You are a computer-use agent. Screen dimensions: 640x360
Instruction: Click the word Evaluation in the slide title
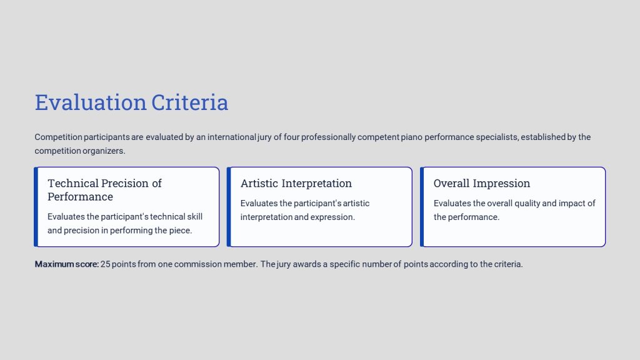click(91, 102)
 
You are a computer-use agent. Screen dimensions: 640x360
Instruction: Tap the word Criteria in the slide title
click(190, 102)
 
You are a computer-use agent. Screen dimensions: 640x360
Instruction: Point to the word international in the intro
click(232, 137)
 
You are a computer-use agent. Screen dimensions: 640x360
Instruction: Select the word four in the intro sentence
click(291, 137)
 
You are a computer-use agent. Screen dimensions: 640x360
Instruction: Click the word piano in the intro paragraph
click(411, 137)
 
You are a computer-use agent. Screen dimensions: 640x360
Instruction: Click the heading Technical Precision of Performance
click(104, 190)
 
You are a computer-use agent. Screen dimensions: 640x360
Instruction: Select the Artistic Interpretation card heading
click(296, 183)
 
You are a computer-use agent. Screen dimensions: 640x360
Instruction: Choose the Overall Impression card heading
click(482, 183)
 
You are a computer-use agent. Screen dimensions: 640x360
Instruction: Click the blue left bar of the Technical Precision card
click(36, 207)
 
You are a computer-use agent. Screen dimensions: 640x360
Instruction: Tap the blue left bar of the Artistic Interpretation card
click(229, 207)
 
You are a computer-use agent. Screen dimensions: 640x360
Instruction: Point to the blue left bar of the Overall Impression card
click(422, 207)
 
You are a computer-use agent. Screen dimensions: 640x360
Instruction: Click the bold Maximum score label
click(66, 264)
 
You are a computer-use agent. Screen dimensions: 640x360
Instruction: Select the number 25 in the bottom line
click(105, 264)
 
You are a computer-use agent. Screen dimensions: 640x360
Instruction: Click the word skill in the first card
click(195, 217)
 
